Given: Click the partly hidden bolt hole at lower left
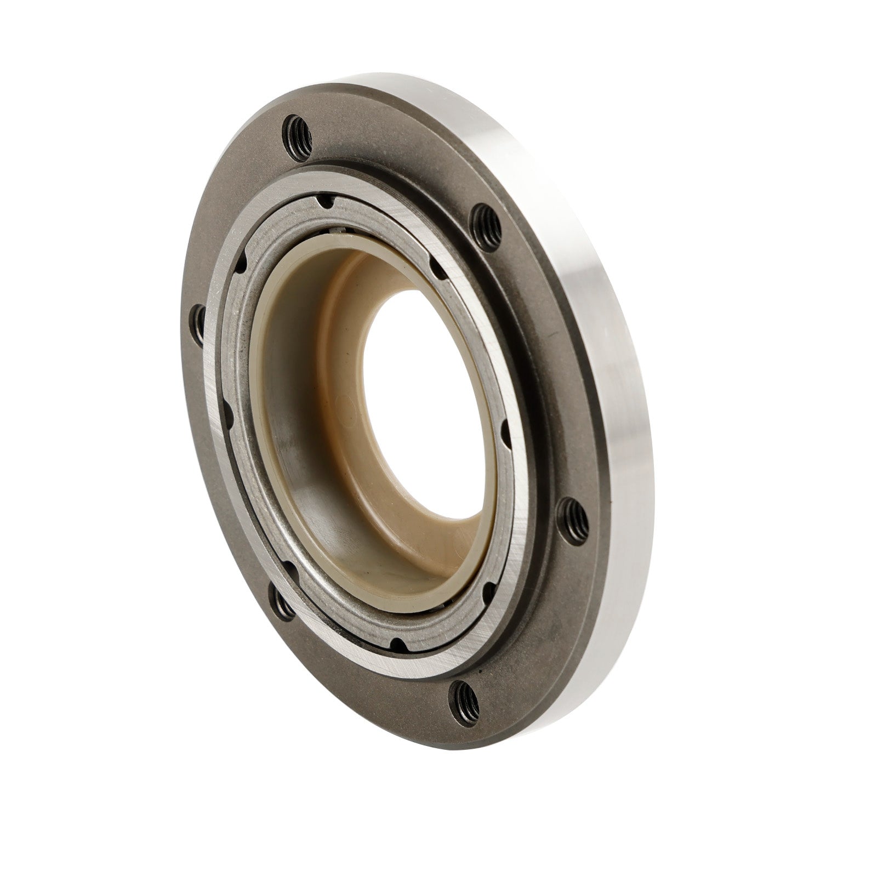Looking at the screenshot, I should pos(282,605).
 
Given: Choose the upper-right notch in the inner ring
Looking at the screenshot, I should pos(432,267).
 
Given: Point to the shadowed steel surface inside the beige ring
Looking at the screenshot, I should pos(307,493).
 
